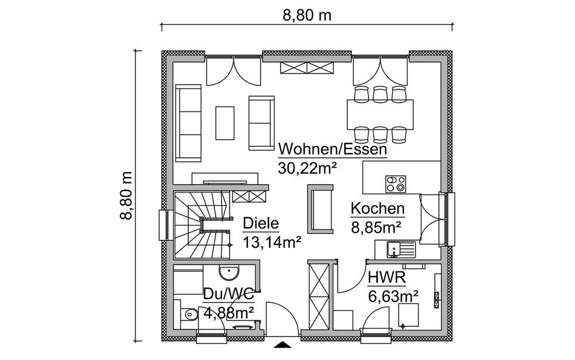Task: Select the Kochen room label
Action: point(378,209)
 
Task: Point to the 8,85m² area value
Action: point(376,227)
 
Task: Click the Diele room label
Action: point(260,224)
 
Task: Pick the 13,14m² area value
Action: point(272,242)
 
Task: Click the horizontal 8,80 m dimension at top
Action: point(306,16)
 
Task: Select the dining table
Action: point(380,112)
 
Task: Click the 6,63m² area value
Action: point(393,297)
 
